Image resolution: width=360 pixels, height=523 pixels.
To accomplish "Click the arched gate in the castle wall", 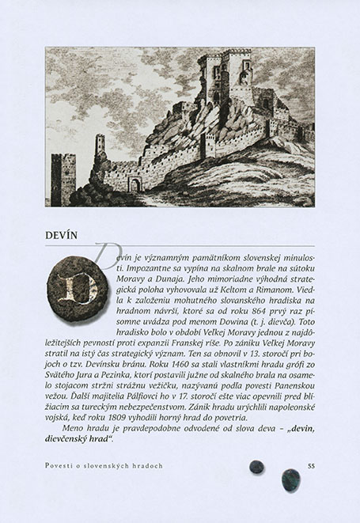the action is point(135,184).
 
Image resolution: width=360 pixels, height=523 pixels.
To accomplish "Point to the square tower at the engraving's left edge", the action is point(63,176).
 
